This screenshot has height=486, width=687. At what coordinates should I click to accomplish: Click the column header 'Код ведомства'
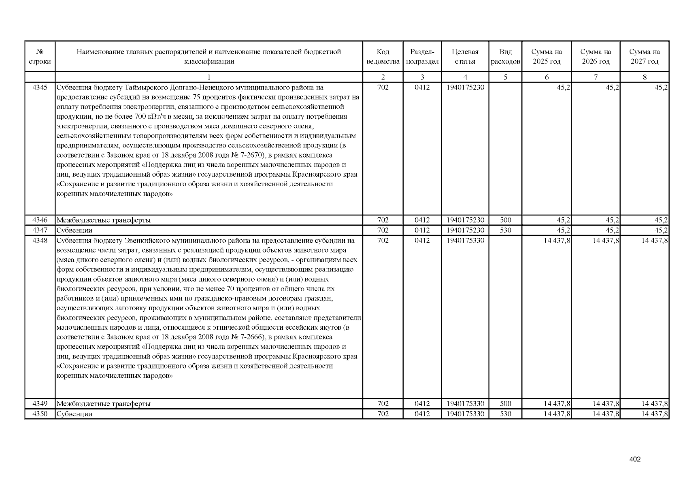pos(383,57)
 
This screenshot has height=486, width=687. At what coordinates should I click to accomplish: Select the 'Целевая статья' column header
pos(465,57)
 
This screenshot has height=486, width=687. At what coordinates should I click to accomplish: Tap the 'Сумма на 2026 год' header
pos(596,57)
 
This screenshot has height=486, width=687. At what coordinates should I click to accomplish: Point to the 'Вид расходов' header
pos(505,57)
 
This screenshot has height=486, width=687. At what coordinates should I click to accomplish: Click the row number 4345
pos(40,87)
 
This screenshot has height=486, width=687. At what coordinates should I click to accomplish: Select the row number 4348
pos(40,241)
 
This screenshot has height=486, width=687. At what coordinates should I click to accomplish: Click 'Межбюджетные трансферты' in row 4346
pos(104,220)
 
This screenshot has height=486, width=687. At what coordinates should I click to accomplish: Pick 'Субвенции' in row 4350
pos(74,414)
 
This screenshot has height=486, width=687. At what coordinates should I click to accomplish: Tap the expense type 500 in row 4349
pos(505,404)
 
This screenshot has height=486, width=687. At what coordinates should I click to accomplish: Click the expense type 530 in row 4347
pos(505,230)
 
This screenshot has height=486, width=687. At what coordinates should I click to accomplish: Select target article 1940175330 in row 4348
pos(465,241)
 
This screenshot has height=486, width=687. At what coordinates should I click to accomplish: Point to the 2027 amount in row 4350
pos(654,414)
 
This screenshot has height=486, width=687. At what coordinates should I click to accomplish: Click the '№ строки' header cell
pos(40,57)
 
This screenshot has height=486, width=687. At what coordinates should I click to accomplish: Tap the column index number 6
pos(547,77)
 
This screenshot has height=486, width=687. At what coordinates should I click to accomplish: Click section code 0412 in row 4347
pos(422,230)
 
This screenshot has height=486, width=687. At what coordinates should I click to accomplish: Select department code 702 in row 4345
pos(383,87)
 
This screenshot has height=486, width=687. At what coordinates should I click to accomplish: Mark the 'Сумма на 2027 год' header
pos(644,57)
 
